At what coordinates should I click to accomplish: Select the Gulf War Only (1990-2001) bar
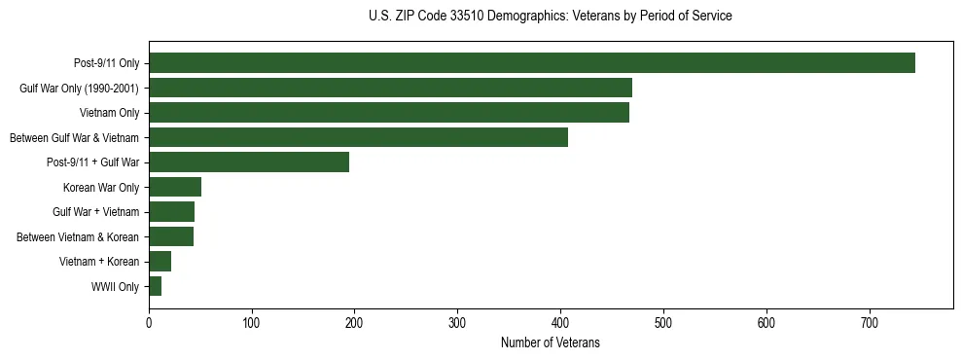(x=390, y=88)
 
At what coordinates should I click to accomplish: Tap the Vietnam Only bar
(x=388, y=113)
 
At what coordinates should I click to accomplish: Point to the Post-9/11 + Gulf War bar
(x=249, y=162)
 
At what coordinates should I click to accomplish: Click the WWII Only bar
(x=155, y=286)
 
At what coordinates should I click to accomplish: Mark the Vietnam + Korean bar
(x=160, y=262)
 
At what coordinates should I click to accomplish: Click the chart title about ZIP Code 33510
(x=551, y=17)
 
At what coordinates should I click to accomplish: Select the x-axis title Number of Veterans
(x=551, y=342)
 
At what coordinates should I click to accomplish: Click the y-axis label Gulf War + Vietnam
(x=96, y=212)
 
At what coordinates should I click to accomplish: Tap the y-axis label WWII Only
(x=115, y=287)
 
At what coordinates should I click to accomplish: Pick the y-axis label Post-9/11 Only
(x=106, y=63)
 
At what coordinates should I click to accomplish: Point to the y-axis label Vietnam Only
(x=109, y=113)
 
